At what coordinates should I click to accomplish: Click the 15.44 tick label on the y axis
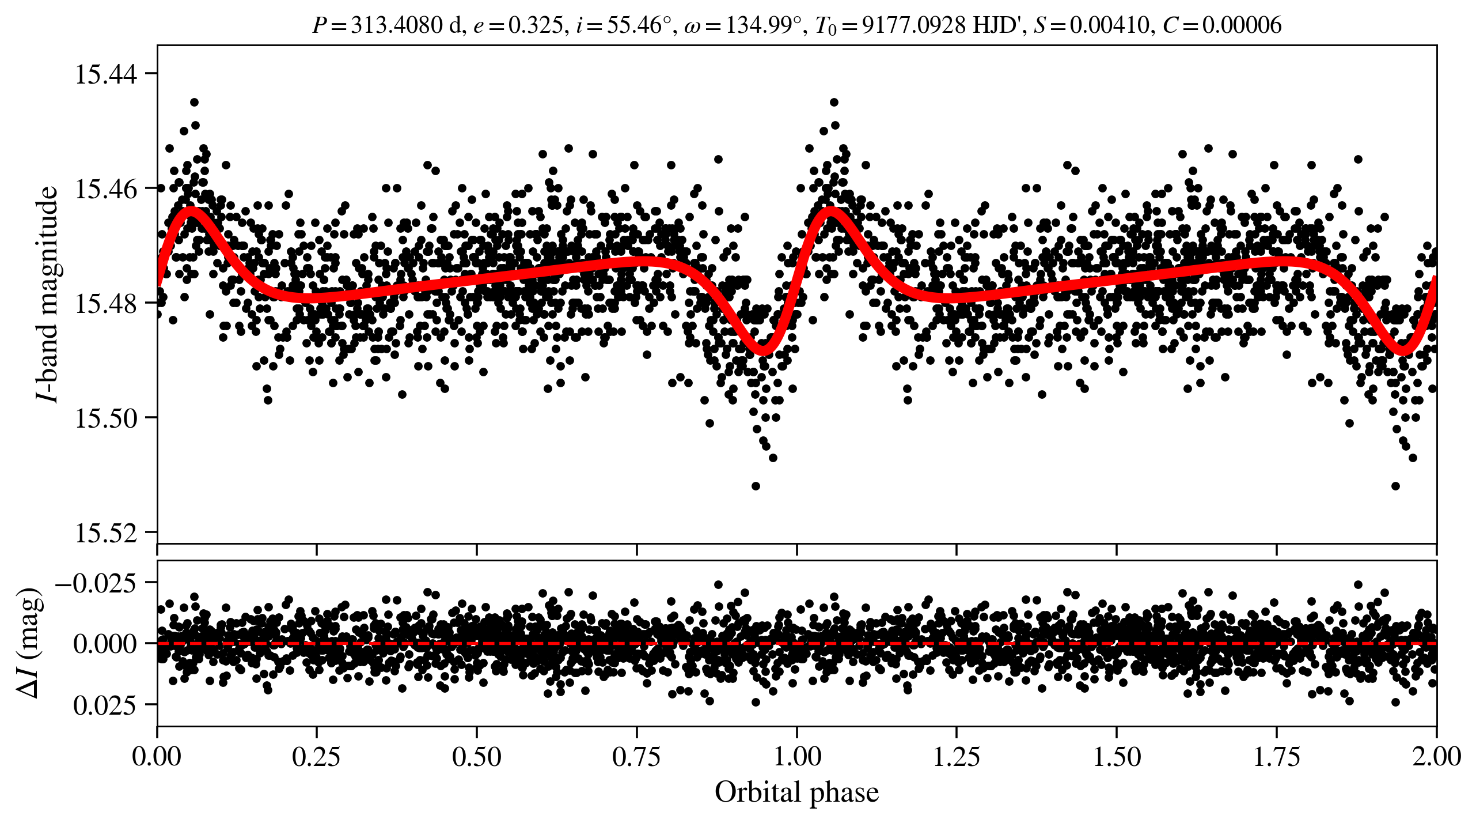[x=106, y=74]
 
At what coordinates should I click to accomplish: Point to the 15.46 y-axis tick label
[x=106, y=188]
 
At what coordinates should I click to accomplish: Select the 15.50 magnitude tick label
[x=106, y=418]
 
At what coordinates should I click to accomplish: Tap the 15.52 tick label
[x=106, y=533]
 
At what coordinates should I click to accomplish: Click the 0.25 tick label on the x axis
[x=316, y=756]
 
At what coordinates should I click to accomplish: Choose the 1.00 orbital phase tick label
[x=796, y=756]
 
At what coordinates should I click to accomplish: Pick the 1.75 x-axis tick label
[x=1276, y=756]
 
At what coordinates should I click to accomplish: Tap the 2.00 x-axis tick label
[x=1436, y=756]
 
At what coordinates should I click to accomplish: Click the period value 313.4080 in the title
[x=397, y=25]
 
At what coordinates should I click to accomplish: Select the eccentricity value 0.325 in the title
[x=535, y=25]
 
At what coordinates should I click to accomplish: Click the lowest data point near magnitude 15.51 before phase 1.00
[x=756, y=486]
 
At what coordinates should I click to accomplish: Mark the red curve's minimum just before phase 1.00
[x=763, y=349]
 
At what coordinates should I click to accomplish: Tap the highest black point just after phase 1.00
[x=834, y=103]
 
